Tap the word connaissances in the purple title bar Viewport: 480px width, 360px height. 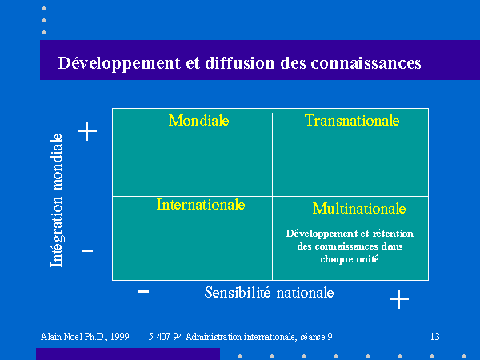pyautogui.click(x=366, y=63)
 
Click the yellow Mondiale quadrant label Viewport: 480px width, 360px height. pyautogui.click(x=198, y=120)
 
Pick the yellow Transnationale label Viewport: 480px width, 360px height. pyautogui.click(x=352, y=120)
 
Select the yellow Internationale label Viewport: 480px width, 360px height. pyautogui.click(x=201, y=205)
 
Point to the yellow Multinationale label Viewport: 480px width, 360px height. pyautogui.click(x=359, y=209)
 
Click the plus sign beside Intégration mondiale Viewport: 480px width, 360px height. pyautogui.click(x=87, y=131)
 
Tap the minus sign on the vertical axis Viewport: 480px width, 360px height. pyautogui.click(x=87, y=250)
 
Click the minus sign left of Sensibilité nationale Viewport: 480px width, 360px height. pyautogui.click(x=143, y=291)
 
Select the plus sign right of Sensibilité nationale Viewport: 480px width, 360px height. pyautogui.click(x=399, y=299)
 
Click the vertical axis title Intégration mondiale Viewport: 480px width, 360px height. pyautogui.click(x=57, y=200)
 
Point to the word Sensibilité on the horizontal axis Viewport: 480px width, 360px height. pyautogui.click(x=238, y=292)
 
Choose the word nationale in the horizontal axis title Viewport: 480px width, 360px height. pyautogui.click(x=305, y=293)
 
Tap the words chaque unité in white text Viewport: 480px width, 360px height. pyautogui.click(x=350, y=259)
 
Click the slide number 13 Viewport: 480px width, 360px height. pyautogui.click(x=435, y=337)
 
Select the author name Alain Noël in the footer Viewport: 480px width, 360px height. pyautogui.click(x=62, y=337)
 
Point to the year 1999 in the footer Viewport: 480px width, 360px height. pyautogui.click(x=120, y=337)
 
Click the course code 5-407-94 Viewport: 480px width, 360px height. pyautogui.click(x=166, y=337)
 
